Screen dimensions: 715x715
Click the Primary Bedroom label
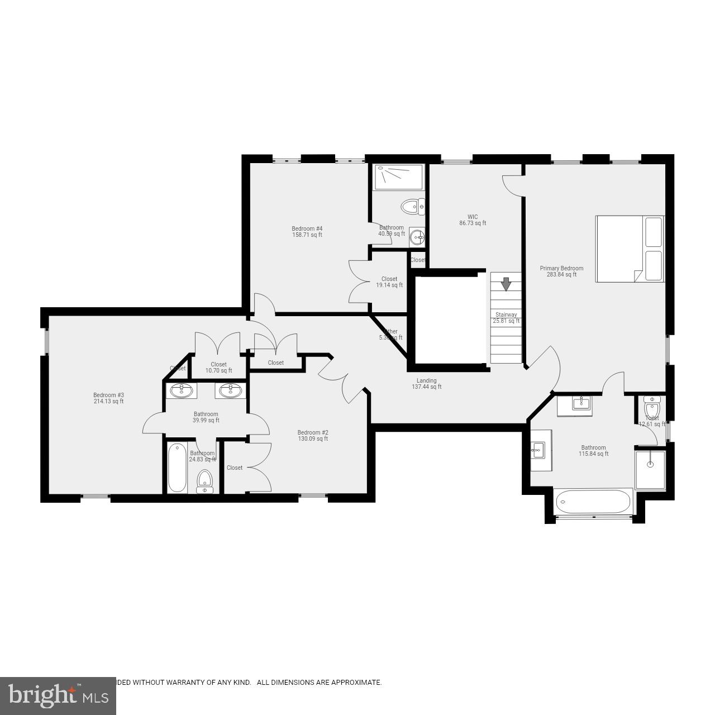(x=561, y=271)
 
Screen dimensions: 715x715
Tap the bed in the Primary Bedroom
(x=630, y=249)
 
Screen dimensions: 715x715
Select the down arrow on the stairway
(x=506, y=284)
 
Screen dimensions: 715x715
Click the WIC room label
(x=473, y=220)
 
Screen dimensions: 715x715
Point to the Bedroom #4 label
(x=307, y=231)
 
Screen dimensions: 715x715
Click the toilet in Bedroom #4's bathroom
(x=413, y=207)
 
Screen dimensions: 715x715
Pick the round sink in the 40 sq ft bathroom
(x=417, y=237)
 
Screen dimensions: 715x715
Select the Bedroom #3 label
(x=108, y=398)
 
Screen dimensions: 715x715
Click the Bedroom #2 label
(x=313, y=435)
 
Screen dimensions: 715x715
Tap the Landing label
(x=426, y=384)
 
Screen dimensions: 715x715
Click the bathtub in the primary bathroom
(x=593, y=502)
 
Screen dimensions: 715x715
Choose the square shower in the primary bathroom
(x=650, y=470)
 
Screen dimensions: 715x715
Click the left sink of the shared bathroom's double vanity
(x=181, y=390)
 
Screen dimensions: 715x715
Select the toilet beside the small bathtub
(x=205, y=482)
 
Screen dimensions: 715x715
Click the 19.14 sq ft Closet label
(x=389, y=282)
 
